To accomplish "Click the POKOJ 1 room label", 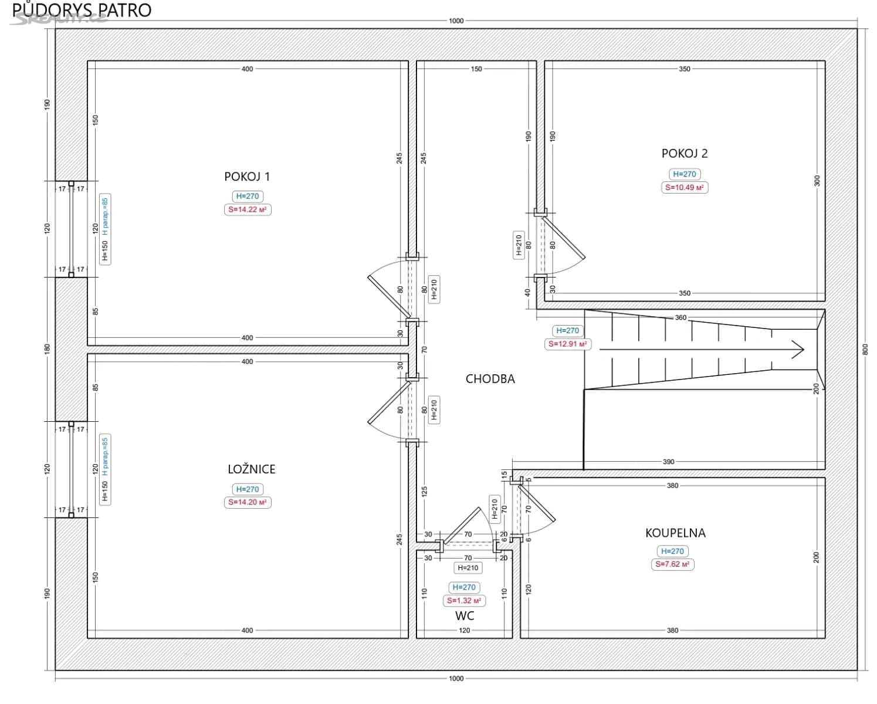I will click(x=247, y=177).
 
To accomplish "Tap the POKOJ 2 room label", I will click(x=685, y=154).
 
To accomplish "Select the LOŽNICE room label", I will click(x=251, y=469).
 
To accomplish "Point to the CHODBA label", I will click(x=490, y=379).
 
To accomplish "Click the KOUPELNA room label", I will click(x=675, y=533).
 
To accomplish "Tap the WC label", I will click(x=465, y=616).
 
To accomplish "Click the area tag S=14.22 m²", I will click(x=248, y=209).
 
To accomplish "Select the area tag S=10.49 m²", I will click(x=685, y=188).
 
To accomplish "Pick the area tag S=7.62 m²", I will click(x=672, y=564).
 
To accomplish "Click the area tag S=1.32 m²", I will click(x=464, y=601).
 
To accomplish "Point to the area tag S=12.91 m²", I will click(x=567, y=344).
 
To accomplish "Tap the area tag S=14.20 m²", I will click(x=248, y=502).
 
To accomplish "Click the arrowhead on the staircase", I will click(x=798, y=350).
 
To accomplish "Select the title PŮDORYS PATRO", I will click(x=82, y=10).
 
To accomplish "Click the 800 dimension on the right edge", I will click(x=865, y=349).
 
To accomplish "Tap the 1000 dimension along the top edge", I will click(x=456, y=21).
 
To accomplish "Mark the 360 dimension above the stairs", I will click(x=680, y=318).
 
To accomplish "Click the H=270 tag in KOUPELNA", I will click(x=672, y=551).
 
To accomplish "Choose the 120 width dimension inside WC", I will click(x=465, y=631).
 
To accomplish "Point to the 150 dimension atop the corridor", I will click(x=476, y=69).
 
